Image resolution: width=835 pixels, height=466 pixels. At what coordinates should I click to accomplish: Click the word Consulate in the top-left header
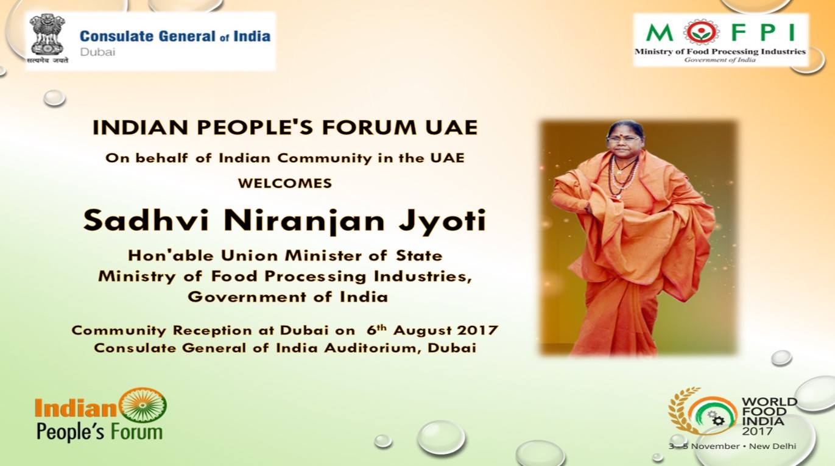(117, 36)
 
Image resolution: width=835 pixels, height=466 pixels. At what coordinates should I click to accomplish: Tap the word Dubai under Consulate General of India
(97, 52)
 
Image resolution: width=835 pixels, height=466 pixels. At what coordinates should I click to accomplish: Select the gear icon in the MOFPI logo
(702, 32)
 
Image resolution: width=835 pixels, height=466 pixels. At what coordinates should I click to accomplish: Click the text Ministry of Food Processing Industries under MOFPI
(720, 51)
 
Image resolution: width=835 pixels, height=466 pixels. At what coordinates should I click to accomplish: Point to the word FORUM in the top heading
(370, 127)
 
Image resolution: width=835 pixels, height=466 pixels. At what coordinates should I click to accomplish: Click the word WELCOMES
(285, 183)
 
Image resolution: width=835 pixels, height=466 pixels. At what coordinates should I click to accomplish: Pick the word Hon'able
(171, 256)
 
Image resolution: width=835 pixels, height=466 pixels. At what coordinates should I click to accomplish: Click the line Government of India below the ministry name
(288, 297)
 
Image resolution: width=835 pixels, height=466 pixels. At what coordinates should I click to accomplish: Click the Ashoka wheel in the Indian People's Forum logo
(143, 404)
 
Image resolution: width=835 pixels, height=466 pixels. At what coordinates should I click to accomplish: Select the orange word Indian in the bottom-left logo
(76, 408)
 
